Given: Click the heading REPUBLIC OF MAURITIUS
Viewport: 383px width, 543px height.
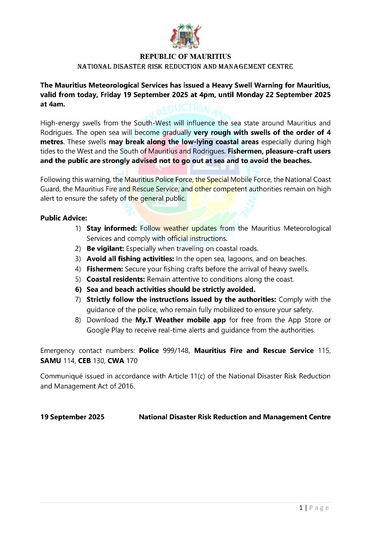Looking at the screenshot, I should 185,56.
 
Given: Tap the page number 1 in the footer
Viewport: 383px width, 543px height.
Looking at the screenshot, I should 300,508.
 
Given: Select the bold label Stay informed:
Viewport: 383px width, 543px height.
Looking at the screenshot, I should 111,228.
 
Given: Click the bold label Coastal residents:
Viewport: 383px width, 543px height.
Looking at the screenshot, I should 116,280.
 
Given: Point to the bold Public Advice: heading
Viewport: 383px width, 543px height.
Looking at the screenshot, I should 64,218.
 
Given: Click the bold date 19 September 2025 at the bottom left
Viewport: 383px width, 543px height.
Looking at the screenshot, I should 72,417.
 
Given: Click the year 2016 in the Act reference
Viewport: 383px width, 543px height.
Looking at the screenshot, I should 127,386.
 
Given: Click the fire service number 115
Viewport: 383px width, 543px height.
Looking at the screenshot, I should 325,350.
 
